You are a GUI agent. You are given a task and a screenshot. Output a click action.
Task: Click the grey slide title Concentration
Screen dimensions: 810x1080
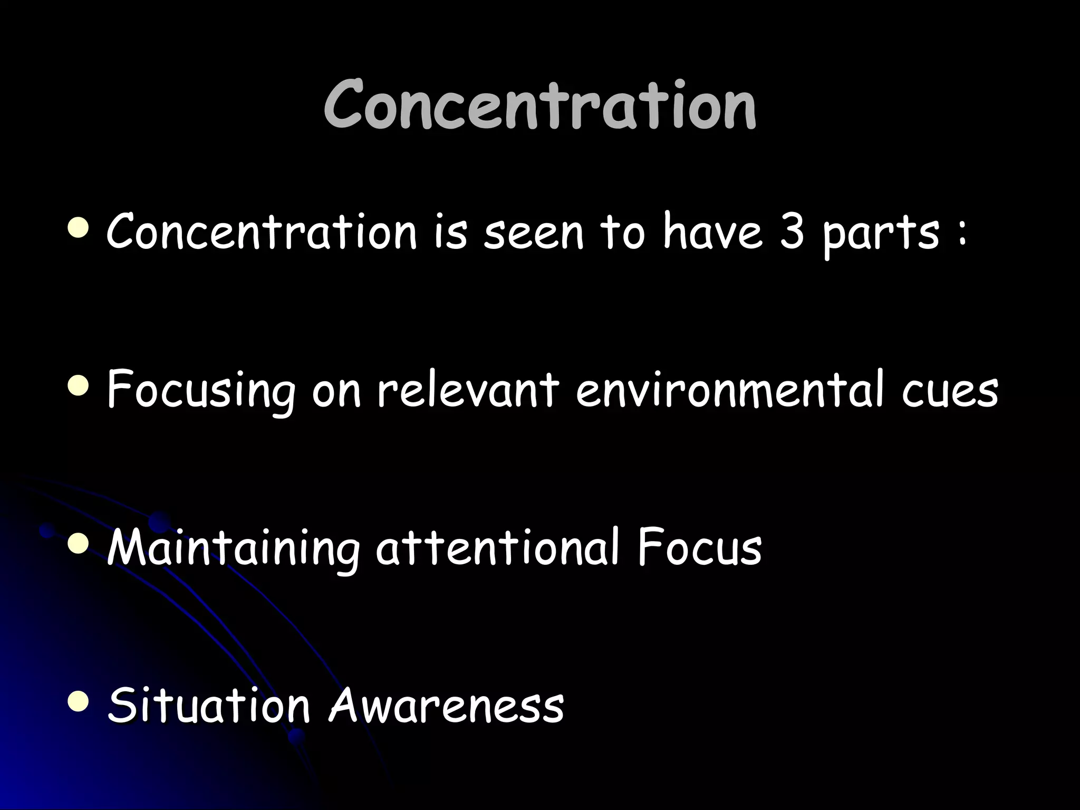pyautogui.click(x=540, y=105)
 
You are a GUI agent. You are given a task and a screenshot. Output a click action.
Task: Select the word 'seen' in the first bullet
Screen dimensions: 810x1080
pyautogui.click(x=534, y=235)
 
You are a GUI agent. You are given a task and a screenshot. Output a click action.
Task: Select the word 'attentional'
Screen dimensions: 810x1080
pyautogui.click(x=496, y=548)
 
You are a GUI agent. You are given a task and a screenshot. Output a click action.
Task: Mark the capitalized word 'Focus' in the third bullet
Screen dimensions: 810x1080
pyautogui.click(x=698, y=548)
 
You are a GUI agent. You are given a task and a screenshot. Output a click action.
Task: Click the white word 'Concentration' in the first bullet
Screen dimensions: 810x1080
pyautogui.click(x=262, y=232)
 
